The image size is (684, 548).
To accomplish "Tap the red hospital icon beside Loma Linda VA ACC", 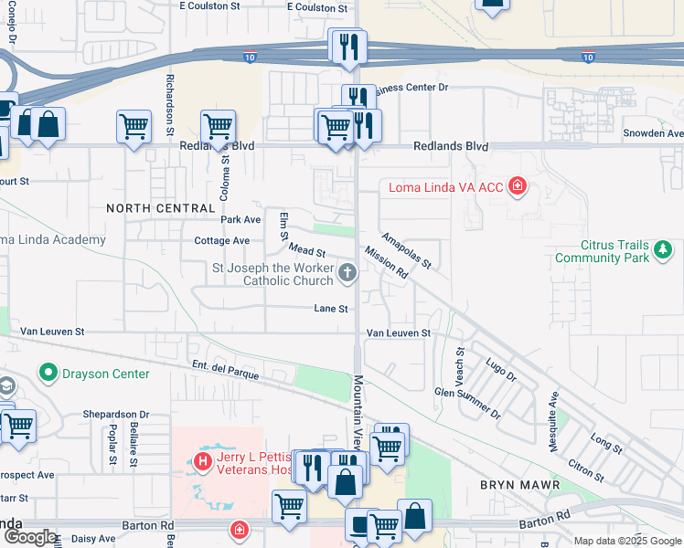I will pyautogui.click(x=518, y=187).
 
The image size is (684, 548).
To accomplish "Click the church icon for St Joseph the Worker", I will pyautogui.click(x=347, y=271).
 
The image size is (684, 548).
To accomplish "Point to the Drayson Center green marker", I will pyautogui.click(x=47, y=373).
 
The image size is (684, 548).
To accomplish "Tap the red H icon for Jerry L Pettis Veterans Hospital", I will pyautogui.click(x=203, y=463).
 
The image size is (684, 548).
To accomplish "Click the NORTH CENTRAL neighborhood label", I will pyautogui.click(x=160, y=208).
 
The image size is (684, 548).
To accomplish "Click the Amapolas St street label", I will pyautogui.click(x=406, y=249).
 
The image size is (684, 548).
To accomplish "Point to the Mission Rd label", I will pyautogui.click(x=384, y=262).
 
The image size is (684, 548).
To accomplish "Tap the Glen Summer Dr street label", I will pyautogui.click(x=467, y=402).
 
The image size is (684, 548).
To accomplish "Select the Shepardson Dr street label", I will pyautogui.click(x=115, y=415).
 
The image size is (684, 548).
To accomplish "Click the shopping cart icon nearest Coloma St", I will pyautogui.click(x=218, y=126).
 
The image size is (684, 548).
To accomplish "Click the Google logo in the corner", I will pyautogui.click(x=29, y=537).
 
